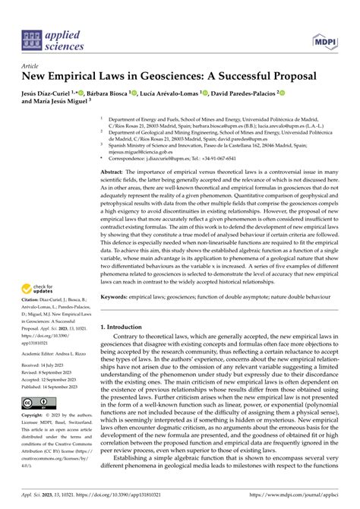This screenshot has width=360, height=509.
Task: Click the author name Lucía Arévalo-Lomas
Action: pos(169,93)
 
